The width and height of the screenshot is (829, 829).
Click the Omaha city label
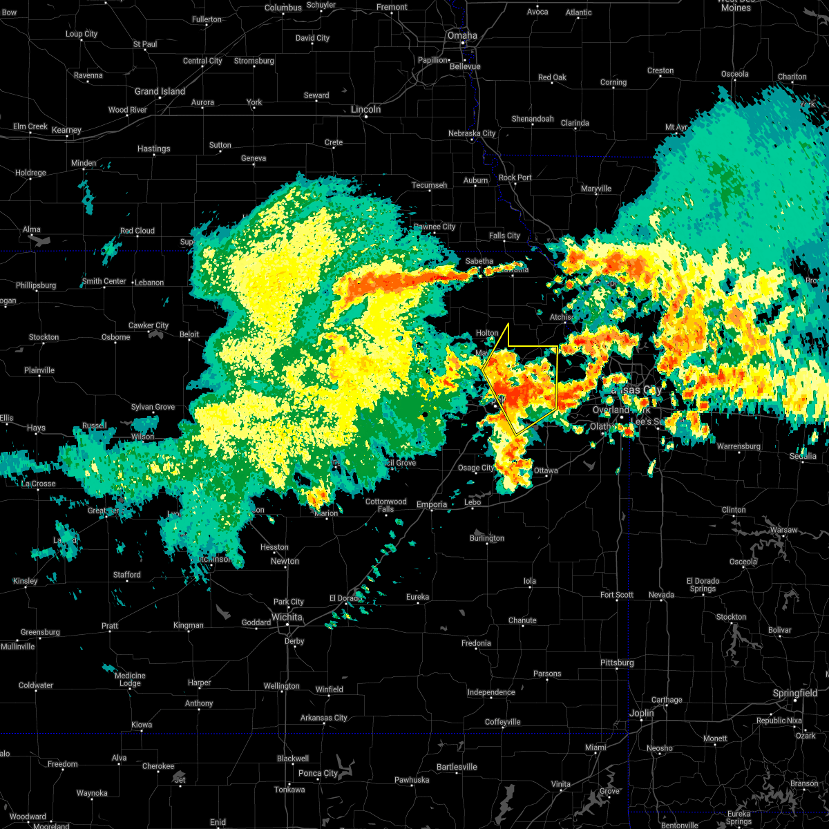click(x=461, y=35)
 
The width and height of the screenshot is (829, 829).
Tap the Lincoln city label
click(x=365, y=109)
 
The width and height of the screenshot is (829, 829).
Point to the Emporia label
click(x=432, y=505)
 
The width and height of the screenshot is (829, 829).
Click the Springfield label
click(x=795, y=693)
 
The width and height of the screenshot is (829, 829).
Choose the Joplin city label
click(x=641, y=713)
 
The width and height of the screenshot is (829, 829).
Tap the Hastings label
click(x=153, y=149)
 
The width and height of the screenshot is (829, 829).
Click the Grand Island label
click(x=160, y=91)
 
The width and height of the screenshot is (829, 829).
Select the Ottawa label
click(x=546, y=470)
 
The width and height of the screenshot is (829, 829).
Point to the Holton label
click(x=487, y=333)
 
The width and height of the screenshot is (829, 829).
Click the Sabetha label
click(x=479, y=261)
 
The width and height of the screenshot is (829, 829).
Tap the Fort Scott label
click(x=616, y=595)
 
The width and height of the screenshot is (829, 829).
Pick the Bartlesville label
click(x=457, y=767)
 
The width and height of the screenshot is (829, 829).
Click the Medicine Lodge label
click(x=130, y=680)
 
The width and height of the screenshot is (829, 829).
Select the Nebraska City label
click(x=472, y=133)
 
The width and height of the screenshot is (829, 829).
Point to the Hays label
click(x=36, y=428)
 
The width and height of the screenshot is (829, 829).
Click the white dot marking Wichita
click(x=288, y=627)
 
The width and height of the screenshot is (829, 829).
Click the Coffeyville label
click(x=502, y=722)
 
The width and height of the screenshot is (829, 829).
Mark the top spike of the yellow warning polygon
click(x=508, y=323)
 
